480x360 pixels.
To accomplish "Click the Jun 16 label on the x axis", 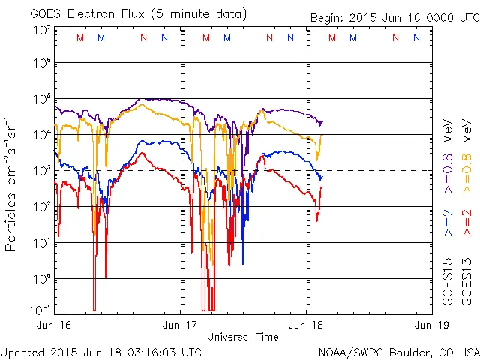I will pyautogui.click(x=53, y=325).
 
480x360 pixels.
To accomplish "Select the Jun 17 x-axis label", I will pyautogui.click(x=180, y=325).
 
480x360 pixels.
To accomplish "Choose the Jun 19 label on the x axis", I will pyautogui.click(x=429, y=325).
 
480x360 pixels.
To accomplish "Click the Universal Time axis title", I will pyautogui.click(x=242, y=337).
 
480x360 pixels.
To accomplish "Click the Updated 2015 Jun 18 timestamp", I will pyautogui.click(x=100, y=352).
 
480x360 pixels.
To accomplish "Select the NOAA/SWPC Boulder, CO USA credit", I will pyautogui.click(x=398, y=352).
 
